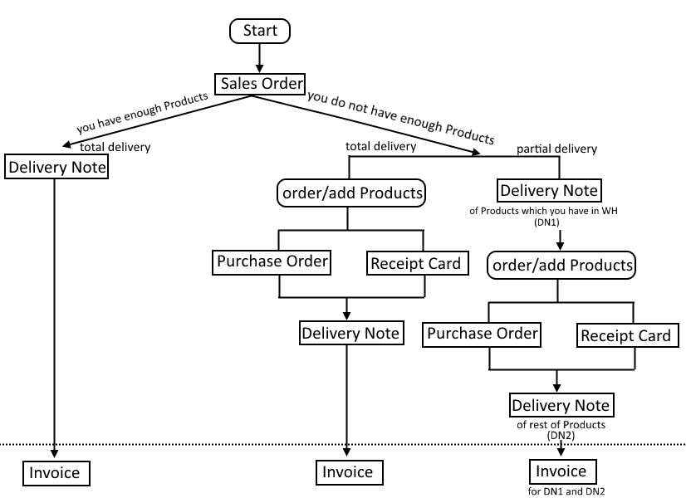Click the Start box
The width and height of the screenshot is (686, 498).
coord(260,31)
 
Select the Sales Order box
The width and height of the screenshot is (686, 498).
coord(260,84)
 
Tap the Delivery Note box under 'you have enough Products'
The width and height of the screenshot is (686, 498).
coord(56,167)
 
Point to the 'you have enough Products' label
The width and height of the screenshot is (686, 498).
coord(142,113)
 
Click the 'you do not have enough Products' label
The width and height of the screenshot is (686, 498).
coord(401,118)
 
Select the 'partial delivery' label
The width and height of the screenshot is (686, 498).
coord(556,149)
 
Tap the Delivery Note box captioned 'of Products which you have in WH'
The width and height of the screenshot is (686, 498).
coord(550,190)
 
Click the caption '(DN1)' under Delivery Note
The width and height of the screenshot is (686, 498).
coord(546,222)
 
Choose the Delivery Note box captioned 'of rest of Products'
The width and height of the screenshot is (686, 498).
coord(561,405)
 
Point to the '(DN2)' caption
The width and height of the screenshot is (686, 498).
coord(561,435)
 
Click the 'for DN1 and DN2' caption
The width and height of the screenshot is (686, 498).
coord(566,491)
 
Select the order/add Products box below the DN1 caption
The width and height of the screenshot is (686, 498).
coord(561,265)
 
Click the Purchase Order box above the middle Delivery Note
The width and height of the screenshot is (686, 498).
coord(272,262)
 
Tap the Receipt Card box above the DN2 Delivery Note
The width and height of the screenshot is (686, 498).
coord(628,335)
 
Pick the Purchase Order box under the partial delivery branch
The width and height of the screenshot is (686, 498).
coord(482,334)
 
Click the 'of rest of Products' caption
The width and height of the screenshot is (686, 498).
coord(561,425)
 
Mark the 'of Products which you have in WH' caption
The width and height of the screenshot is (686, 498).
coord(543,211)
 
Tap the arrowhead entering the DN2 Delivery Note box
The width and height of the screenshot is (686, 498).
coord(556,388)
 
